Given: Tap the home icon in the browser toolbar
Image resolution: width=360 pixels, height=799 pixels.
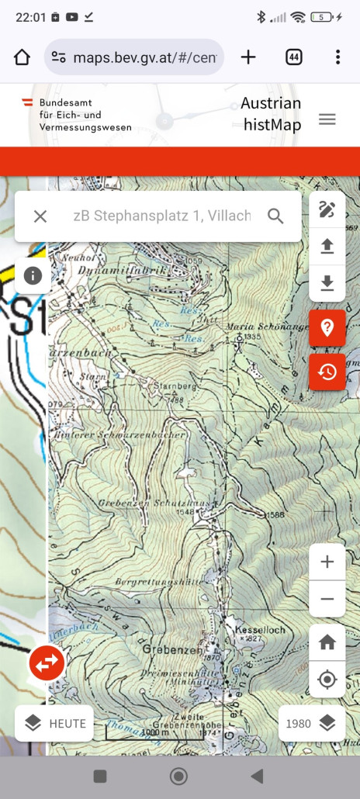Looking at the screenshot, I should (x=22, y=57).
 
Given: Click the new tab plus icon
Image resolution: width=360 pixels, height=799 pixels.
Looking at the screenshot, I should (x=247, y=57).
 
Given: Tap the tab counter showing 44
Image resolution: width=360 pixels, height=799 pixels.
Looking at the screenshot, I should (x=293, y=57).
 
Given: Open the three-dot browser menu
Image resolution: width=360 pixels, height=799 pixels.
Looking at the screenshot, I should (x=337, y=57).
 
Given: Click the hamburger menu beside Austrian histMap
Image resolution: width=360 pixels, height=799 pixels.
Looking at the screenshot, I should (x=327, y=119).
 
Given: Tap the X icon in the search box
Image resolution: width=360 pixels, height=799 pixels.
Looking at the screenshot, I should (x=40, y=216).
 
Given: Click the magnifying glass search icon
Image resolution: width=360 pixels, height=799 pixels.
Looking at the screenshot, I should (x=275, y=216).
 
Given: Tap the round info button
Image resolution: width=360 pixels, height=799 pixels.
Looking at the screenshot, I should (x=33, y=275).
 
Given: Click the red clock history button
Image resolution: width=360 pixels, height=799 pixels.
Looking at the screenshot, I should (x=327, y=372).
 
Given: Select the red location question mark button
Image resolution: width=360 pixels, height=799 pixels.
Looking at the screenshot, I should (x=327, y=327).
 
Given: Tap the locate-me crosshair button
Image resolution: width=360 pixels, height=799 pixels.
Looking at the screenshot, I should (x=327, y=680).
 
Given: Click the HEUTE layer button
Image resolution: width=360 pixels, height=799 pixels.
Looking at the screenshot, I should (x=54, y=724).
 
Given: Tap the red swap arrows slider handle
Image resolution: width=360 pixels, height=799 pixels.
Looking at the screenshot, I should (x=47, y=663).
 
